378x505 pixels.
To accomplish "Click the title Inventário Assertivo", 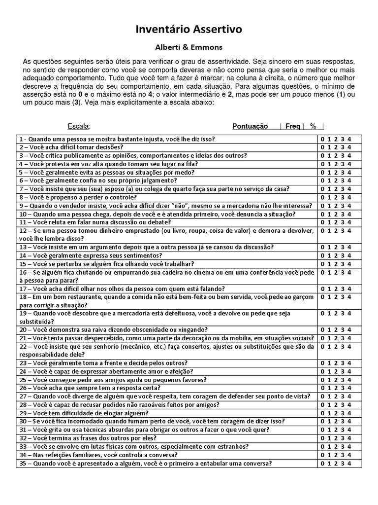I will click(x=189, y=30).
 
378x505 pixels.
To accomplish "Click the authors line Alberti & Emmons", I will click(x=189, y=49).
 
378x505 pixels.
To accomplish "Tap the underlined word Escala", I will click(x=79, y=126).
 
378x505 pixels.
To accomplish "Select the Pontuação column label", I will click(x=250, y=126).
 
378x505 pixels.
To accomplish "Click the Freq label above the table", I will click(x=292, y=126).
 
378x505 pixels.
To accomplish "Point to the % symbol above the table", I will click(x=313, y=126).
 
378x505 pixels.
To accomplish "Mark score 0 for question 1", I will click(x=323, y=139).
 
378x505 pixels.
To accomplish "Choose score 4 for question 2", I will click(x=349, y=147).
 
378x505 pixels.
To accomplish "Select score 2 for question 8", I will click(x=336, y=197).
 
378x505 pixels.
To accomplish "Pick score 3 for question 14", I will click(x=343, y=255).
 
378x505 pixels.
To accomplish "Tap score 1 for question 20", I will click(x=329, y=330).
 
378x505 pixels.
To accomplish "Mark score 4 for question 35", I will click(x=349, y=464).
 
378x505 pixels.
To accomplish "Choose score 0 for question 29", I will click(x=323, y=413).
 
